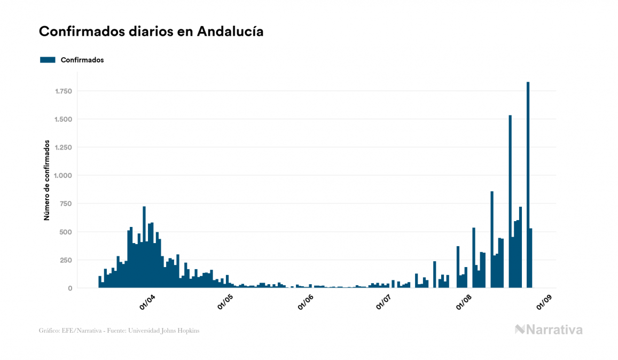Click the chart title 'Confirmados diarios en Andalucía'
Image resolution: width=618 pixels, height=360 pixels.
click(151, 32)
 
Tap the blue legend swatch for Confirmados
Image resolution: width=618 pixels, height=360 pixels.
click(48, 60)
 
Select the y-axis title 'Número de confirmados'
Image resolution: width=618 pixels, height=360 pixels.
click(47, 181)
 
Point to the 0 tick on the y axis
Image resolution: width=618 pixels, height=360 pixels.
click(70, 288)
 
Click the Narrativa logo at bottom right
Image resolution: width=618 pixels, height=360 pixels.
click(549, 330)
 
